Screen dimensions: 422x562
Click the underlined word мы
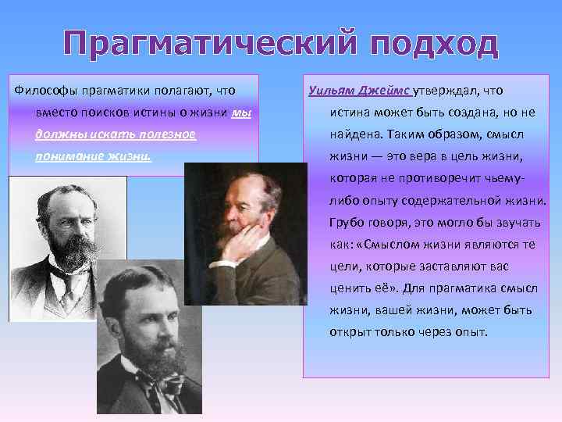pyautogui.click(x=242, y=113)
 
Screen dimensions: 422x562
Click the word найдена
pyautogui.click(x=356, y=134)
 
